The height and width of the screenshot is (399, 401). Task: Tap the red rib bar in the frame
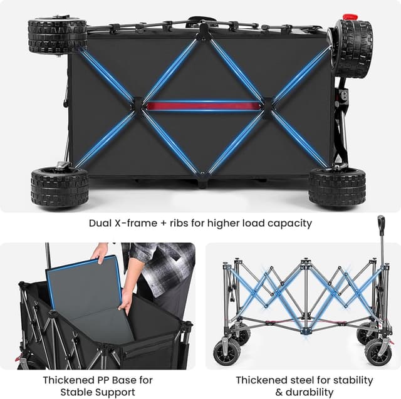point(204,105)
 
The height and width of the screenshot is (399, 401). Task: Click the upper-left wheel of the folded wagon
point(57,36)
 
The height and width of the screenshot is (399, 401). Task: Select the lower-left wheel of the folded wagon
point(60,187)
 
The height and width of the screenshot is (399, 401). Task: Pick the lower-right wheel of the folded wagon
point(337,188)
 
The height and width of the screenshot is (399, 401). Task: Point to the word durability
point(310,392)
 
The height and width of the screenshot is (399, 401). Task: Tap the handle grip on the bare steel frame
point(381,223)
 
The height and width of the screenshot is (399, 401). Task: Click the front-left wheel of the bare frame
point(227,350)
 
